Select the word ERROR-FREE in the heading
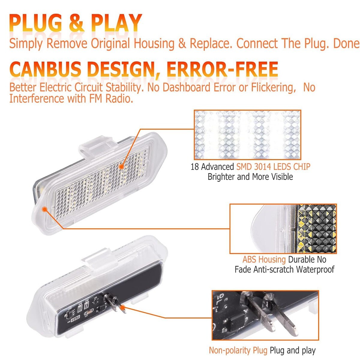(x=222, y=69)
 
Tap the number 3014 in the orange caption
(x=263, y=166)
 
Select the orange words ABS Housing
(x=264, y=259)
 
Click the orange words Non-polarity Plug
(x=238, y=350)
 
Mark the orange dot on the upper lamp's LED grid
(x=121, y=166)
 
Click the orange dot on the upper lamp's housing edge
(x=45, y=209)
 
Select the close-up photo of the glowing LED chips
(x=247, y=134)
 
